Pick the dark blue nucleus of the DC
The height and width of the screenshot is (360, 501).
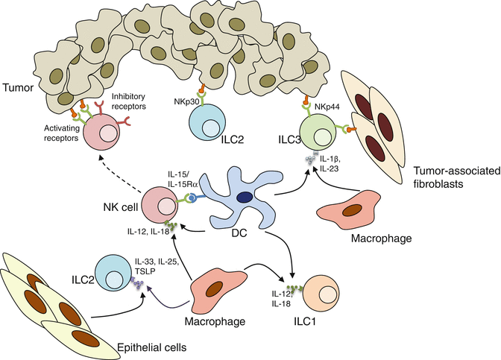(x=243, y=177)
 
